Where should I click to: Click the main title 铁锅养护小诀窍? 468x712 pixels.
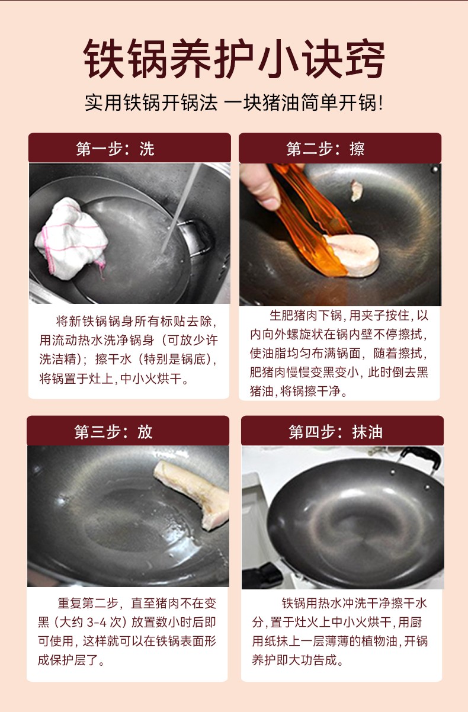234,59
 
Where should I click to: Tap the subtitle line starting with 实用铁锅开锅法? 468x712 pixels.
234,102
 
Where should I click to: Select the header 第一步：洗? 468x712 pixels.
116,149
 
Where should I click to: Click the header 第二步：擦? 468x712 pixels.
325,149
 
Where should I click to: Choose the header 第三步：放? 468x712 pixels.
114,432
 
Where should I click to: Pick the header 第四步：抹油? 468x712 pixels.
335,432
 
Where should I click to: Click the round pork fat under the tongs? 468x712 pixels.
353,255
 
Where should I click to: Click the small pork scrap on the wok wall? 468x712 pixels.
357,190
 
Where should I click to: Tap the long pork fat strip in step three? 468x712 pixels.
194,495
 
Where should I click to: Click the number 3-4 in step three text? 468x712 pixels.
97,622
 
